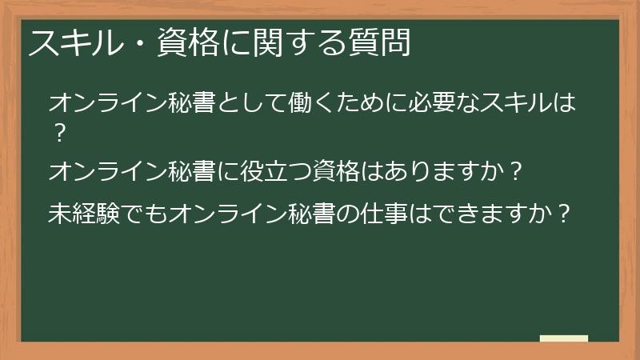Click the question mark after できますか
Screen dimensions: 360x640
coord(564,214)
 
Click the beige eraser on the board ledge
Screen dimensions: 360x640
coord(563,338)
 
